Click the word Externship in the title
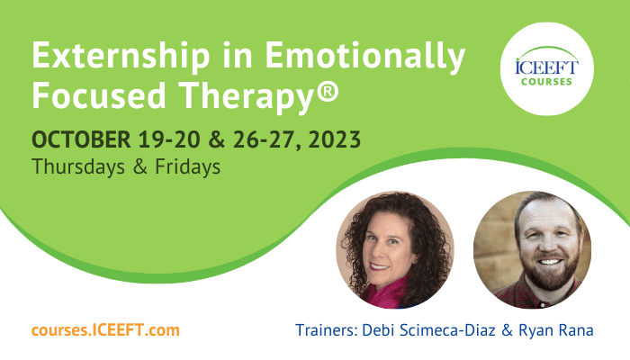click(121, 56)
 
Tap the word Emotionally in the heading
click(364, 56)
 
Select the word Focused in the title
click(99, 94)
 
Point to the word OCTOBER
click(81, 139)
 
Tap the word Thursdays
click(78, 166)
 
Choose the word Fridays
click(187, 166)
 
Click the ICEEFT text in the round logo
click(546, 67)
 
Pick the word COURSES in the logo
click(546, 82)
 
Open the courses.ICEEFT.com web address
click(105, 330)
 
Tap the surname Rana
click(574, 330)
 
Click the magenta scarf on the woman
click(385, 293)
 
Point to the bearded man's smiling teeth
click(550, 262)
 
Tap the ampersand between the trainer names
click(507, 330)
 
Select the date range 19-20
click(169, 139)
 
